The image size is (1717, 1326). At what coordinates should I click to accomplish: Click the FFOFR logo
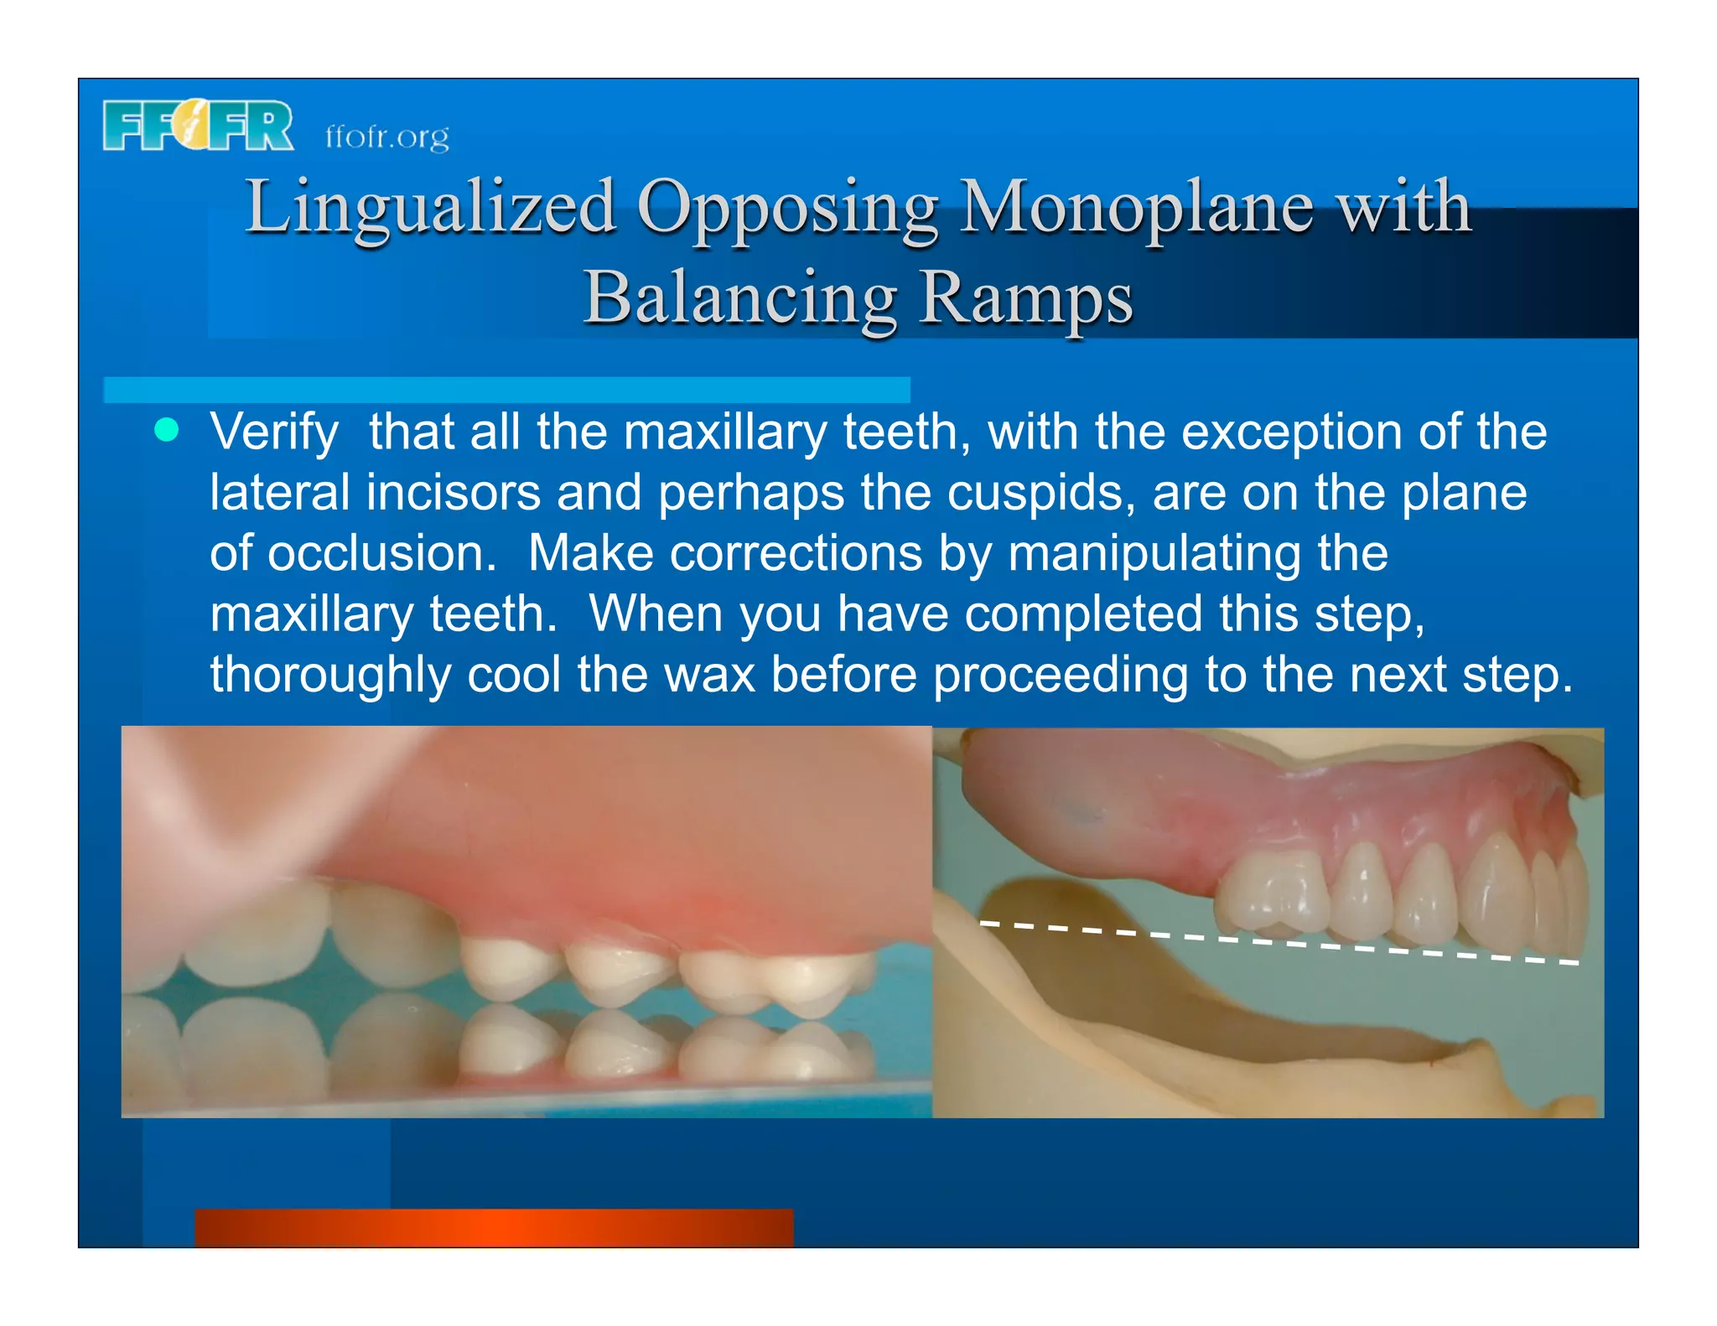(198, 126)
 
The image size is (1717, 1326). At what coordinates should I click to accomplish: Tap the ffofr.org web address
(386, 136)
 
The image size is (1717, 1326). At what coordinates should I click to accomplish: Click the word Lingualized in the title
(430, 208)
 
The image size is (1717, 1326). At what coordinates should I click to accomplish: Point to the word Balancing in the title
(740, 298)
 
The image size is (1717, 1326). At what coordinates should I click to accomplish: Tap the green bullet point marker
(167, 429)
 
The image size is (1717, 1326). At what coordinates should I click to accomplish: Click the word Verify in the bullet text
(274, 433)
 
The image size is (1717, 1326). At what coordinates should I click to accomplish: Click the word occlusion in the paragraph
(381, 553)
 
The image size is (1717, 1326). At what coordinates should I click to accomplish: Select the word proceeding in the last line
(1061, 676)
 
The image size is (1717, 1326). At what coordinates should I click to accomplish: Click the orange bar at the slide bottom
(493, 1227)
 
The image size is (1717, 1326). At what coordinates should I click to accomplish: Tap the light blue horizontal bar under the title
(506, 390)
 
